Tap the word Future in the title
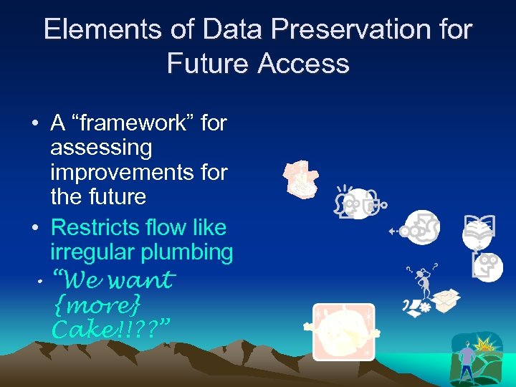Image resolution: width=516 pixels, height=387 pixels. [x=208, y=64]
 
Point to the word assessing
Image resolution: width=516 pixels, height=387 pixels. [x=101, y=148]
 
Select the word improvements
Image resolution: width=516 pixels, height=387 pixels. [x=138, y=173]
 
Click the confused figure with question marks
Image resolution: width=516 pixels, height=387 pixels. [x=424, y=282]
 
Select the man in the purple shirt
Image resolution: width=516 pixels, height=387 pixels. [x=467, y=361]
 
